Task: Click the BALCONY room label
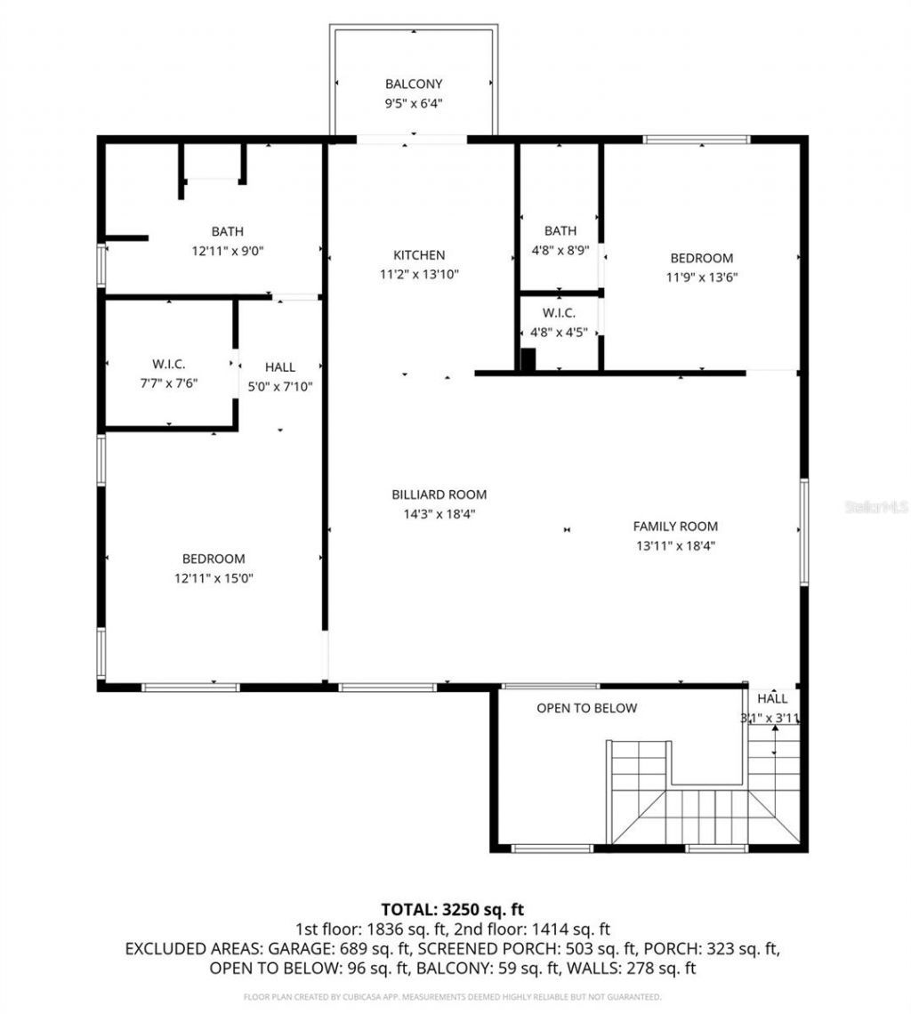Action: [x=413, y=84]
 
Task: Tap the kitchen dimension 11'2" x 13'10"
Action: [x=419, y=275]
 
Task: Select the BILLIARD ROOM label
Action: [x=439, y=495]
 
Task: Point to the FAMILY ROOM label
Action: [x=675, y=526]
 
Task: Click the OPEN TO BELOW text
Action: [x=586, y=708]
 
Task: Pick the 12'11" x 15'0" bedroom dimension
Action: [x=214, y=578]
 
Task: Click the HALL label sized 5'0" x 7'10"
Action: [x=280, y=366]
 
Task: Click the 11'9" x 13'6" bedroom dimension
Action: [x=702, y=277]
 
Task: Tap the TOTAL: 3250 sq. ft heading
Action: [x=452, y=910]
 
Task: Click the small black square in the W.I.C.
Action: [x=528, y=359]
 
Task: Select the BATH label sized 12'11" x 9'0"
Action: [x=228, y=231]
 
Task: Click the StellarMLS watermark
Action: [x=877, y=507]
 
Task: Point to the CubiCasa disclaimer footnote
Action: [x=452, y=996]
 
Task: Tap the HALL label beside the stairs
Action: [x=771, y=699]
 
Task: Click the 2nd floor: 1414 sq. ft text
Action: [x=535, y=929]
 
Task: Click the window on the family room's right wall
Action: [x=803, y=532]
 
